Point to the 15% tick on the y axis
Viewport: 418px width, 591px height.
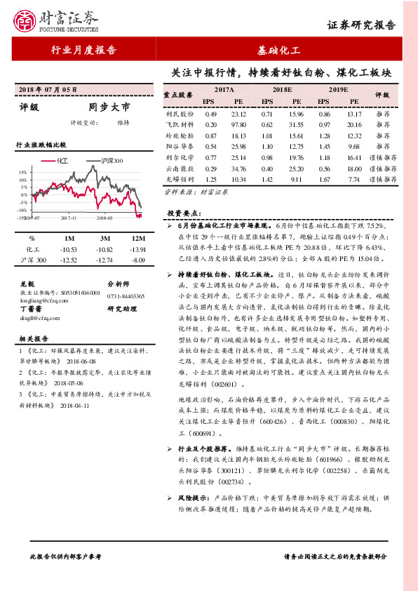coord(23,172)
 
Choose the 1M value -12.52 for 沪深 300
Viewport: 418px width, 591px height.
coord(69,260)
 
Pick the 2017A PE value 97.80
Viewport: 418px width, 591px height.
coord(238,124)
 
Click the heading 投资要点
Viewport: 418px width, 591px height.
coord(184,212)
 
